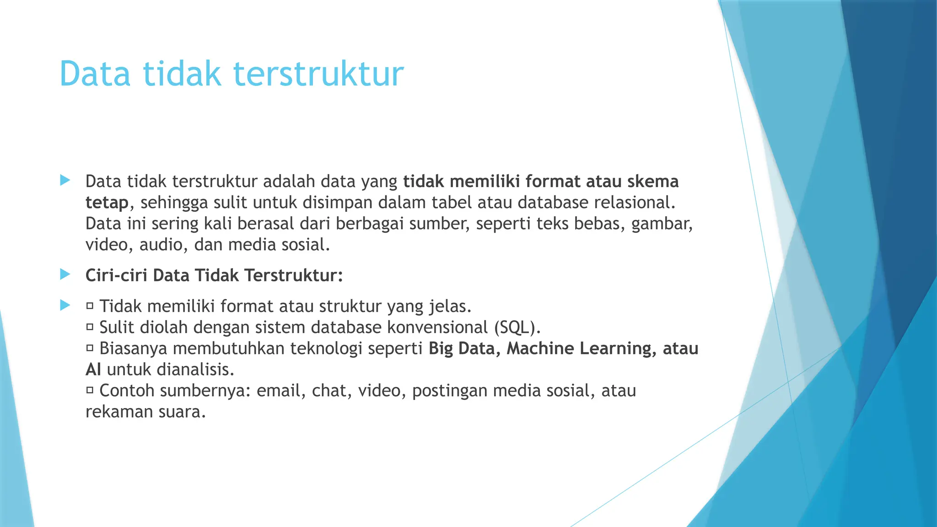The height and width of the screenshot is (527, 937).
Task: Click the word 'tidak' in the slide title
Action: coord(182,74)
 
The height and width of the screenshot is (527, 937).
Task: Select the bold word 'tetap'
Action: coord(107,203)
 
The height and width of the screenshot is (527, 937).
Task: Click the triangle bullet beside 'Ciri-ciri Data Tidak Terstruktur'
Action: coord(65,274)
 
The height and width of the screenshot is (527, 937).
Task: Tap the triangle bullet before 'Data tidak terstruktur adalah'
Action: coord(65,180)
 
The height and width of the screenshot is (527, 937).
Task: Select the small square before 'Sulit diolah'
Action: coord(90,327)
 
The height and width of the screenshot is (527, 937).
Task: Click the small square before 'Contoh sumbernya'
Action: coord(90,390)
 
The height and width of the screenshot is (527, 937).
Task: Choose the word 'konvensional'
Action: coord(437,328)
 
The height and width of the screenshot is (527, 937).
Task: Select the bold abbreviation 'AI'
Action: coord(93,370)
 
